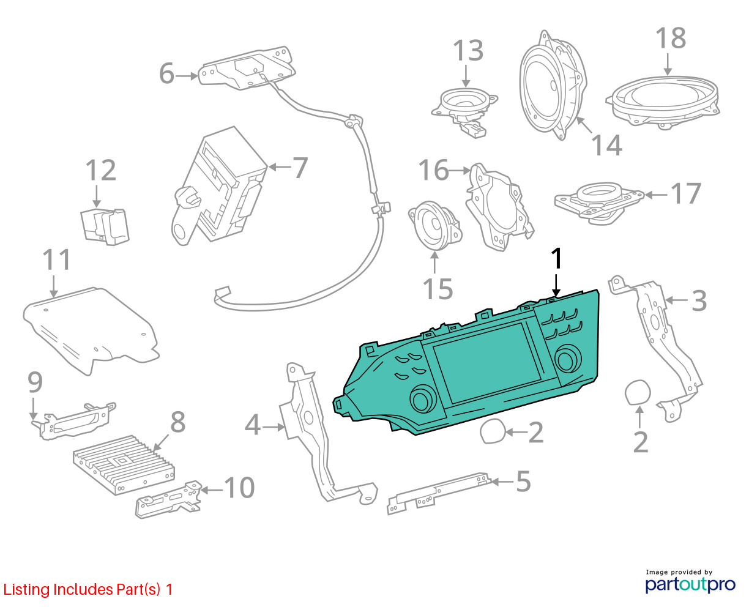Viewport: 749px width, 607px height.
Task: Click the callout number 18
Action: [671, 38]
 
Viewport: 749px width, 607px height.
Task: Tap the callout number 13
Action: [468, 51]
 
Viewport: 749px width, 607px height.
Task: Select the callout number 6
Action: [166, 73]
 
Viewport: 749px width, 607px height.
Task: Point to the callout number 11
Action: [57, 260]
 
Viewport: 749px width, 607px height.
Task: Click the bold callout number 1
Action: [556, 259]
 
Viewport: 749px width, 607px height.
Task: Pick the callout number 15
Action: [438, 289]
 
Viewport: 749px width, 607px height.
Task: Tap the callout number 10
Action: [239, 488]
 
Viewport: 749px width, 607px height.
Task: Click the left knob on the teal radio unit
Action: [423, 398]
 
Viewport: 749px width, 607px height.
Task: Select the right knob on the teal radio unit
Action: [567, 359]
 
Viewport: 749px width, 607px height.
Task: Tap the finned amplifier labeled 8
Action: [124, 465]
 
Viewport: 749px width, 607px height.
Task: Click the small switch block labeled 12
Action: [105, 227]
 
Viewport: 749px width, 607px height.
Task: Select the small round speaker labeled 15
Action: [435, 225]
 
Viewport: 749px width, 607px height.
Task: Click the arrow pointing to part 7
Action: [280, 166]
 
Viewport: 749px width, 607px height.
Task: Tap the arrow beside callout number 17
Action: [655, 195]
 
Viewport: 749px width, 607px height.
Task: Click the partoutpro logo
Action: [690, 584]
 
